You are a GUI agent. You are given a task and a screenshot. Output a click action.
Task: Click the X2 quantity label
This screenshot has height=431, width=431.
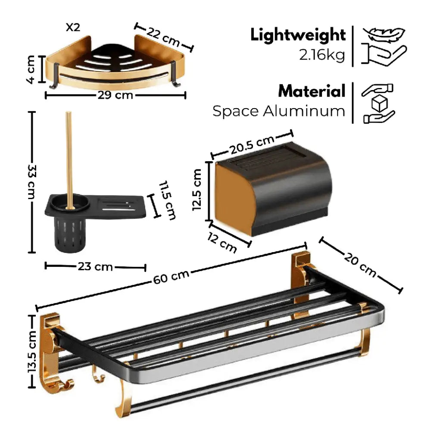coord(73,27)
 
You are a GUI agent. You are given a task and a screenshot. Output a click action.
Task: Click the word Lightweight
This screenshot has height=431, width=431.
coord(298,35)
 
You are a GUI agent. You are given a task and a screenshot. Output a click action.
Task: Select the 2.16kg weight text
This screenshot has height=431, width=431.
coord(322,55)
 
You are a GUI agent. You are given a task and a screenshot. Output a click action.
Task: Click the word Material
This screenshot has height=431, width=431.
coord(312,91)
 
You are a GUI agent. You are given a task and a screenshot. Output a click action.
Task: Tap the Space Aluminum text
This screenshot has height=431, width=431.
coord(279,111)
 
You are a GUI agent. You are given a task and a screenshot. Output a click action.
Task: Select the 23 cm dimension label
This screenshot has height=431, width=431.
coord(95,267)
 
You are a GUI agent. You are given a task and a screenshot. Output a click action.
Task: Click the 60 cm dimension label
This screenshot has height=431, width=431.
coord(171,277)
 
